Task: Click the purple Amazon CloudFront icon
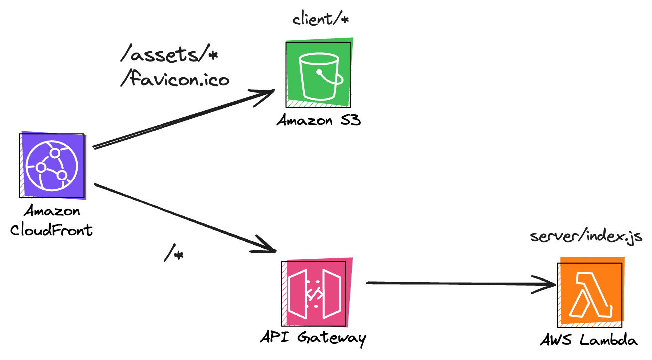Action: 52,165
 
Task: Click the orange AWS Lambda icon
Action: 590,294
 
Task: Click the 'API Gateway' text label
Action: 313,338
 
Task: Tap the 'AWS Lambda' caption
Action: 589,341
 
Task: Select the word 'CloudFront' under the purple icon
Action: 51,230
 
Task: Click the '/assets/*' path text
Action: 169,55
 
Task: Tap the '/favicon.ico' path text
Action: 174,79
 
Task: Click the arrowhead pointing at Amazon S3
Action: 267,93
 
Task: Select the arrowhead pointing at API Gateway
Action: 267,246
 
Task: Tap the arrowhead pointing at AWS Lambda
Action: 547,285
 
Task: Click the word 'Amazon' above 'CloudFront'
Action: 52,211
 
